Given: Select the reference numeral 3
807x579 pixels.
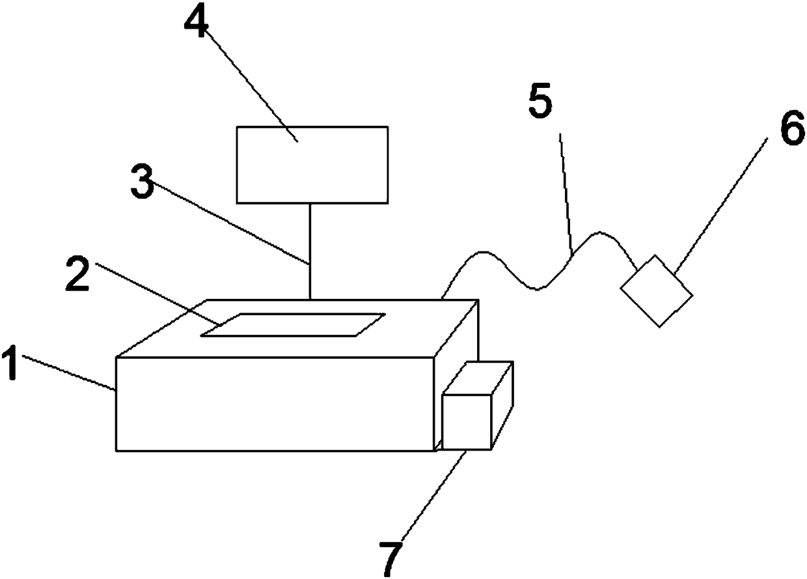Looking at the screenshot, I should point(143,185).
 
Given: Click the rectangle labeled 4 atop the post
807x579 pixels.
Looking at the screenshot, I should point(312,164).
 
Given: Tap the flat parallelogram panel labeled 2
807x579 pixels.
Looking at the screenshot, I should point(292,324).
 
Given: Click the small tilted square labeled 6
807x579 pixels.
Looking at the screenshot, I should point(656,290).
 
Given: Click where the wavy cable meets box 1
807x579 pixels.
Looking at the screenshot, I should point(442,298).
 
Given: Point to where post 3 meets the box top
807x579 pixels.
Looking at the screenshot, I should point(310,299).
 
